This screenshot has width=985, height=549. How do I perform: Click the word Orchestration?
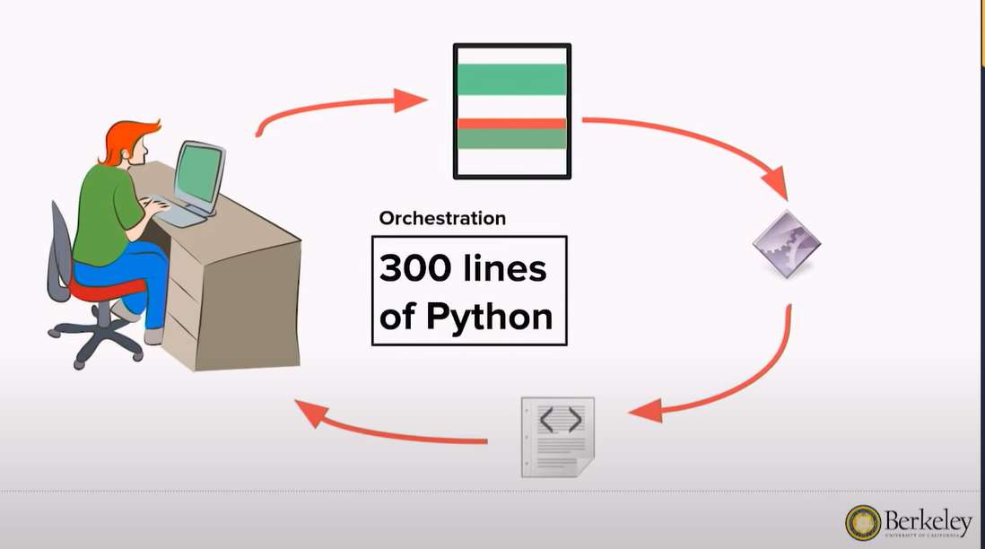442,218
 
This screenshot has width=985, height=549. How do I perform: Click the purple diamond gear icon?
786,244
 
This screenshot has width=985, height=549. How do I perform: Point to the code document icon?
557,437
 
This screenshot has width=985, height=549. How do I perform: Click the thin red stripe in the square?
511,124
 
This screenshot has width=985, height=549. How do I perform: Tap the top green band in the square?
511,80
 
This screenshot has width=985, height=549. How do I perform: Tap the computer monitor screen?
196,174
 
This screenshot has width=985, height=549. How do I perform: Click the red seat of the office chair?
103,290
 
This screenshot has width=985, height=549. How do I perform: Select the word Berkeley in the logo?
928,521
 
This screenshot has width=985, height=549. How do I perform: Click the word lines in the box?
506,268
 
